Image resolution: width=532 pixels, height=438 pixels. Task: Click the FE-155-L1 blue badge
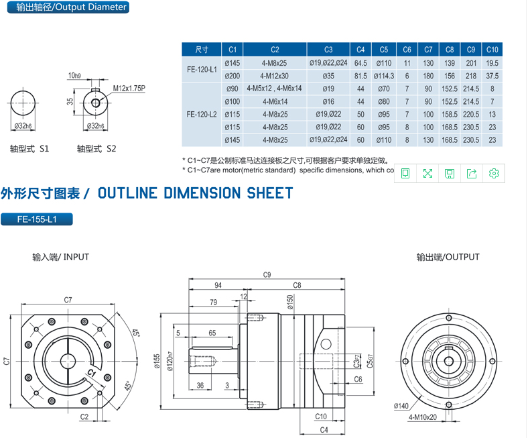[38, 219]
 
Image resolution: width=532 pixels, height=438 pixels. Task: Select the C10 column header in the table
[492, 50]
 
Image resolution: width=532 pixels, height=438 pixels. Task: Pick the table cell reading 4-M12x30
[275, 76]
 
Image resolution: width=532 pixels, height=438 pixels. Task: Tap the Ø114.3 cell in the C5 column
[383, 76]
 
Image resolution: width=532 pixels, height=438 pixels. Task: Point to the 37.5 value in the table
[492, 76]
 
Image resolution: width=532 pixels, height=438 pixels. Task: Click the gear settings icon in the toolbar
[494, 174]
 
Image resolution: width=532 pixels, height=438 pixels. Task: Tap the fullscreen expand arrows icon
[427, 174]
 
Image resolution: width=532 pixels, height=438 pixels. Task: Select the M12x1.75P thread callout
[129, 88]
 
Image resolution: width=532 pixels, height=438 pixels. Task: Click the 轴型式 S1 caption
[29, 148]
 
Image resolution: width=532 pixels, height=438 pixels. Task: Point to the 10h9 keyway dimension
[74, 75]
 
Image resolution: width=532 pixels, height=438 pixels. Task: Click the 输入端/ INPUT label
[60, 257]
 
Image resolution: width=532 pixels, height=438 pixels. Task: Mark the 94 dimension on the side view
[217, 285]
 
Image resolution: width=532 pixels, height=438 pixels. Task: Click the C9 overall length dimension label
[267, 274]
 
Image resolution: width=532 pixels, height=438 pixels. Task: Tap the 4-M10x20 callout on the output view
[423, 417]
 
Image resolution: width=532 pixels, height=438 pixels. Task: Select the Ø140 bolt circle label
[401, 406]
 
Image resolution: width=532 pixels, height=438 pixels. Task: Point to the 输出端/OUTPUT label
[448, 257]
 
